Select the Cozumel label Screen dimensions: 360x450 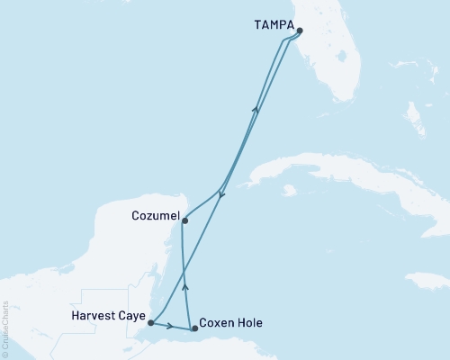(x=154, y=217)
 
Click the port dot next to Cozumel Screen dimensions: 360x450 (x=184, y=220)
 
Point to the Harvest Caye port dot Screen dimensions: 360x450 (x=151, y=322)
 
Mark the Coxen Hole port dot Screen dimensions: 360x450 (x=194, y=329)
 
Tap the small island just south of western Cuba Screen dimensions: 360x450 (x=289, y=191)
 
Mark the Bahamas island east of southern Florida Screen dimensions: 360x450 (x=415, y=117)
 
